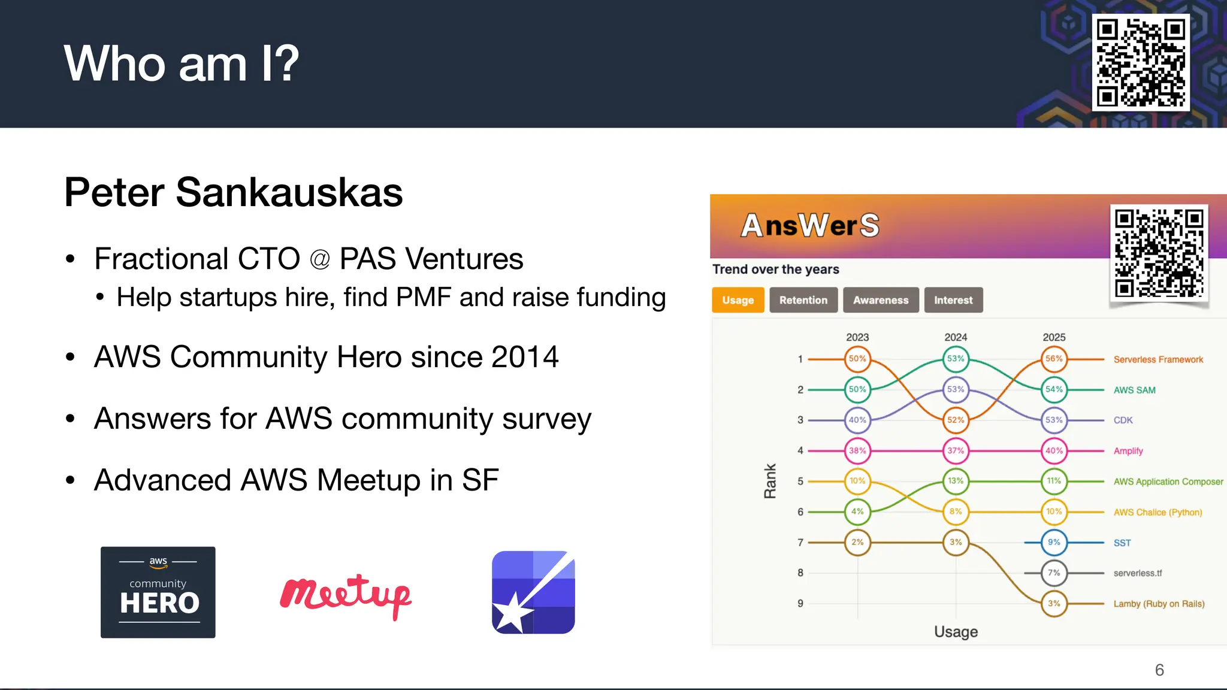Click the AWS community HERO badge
coord(158,592)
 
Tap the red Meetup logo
coord(346,595)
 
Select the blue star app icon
coord(533,592)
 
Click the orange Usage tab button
coord(738,300)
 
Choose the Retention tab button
coord(803,300)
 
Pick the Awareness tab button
coord(880,300)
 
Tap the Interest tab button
coord(953,300)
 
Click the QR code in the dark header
coord(1140,62)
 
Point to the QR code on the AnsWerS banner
coord(1159,253)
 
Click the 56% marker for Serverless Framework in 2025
coord(1054,359)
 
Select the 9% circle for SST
coord(1054,542)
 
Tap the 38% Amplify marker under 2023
coord(857,450)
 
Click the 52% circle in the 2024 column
coord(956,420)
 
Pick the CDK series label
coord(1123,420)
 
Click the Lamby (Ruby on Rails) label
coord(1159,604)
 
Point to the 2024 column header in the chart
coord(956,337)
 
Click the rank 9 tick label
coord(800,604)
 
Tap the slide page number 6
coord(1159,670)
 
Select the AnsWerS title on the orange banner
coord(810,226)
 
